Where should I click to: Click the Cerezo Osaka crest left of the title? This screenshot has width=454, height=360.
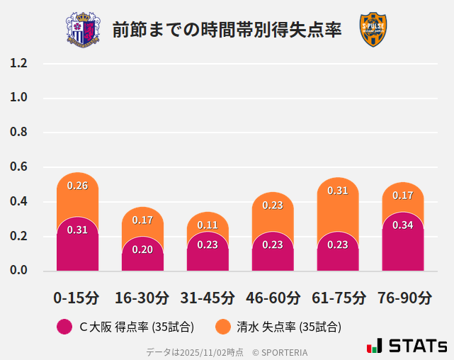click(83, 30)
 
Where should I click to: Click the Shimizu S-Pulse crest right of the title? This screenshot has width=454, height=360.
click(373, 30)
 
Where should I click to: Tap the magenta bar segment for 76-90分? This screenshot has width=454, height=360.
click(403, 244)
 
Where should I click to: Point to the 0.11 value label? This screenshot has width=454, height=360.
click(208, 225)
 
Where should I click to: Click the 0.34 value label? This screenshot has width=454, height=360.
click(403, 225)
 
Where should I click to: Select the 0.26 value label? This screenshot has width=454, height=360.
click(77, 186)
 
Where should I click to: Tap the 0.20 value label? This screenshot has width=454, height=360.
click(142, 249)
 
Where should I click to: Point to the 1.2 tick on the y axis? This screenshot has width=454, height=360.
click(19, 64)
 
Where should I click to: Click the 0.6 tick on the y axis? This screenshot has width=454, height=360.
click(19, 167)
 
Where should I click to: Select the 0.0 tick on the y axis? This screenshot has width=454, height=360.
click(19, 271)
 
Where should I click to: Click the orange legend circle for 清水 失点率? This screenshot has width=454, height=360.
click(224, 327)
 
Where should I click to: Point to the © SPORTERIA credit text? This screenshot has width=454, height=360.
click(280, 352)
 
